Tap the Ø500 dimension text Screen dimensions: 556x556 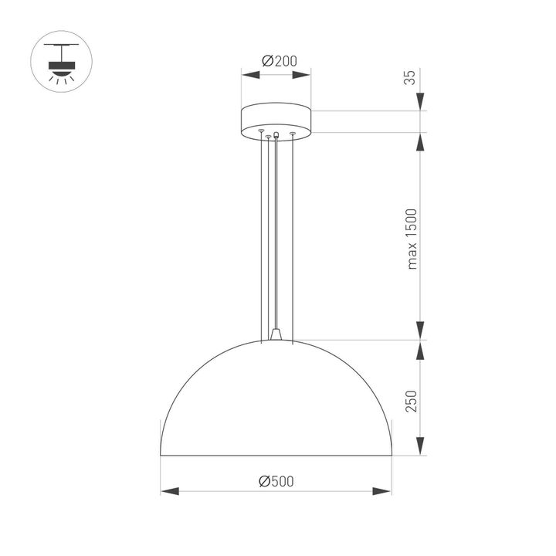coord(276,481)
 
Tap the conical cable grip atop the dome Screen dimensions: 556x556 coord(276,333)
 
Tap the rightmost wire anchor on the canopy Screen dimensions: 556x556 coord(293,135)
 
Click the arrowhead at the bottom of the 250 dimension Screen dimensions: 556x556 coord(421,448)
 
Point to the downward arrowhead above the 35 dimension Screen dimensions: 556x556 coord(421,103)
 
